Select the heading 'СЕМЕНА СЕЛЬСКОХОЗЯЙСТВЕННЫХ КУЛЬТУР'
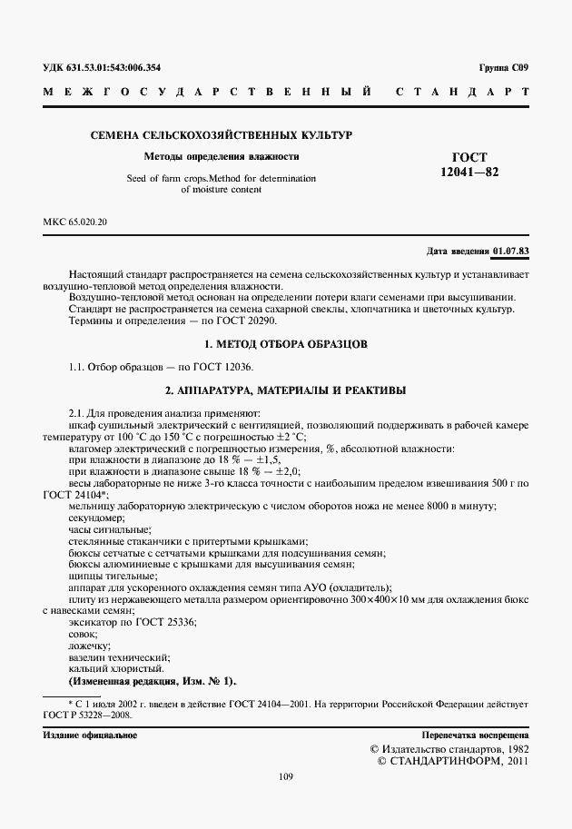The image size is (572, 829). pos(221,134)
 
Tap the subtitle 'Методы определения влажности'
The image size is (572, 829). pos(221,156)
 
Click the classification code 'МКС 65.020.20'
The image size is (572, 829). pos(74,222)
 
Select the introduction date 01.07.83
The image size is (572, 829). pos(511,251)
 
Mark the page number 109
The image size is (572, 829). pos(286,775)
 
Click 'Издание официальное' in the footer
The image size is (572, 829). pos(90,735)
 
